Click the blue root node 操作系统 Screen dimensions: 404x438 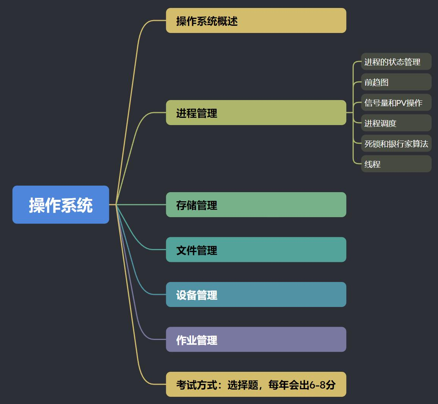[x=61, y=205]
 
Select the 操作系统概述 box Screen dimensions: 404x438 [x=256, y=20]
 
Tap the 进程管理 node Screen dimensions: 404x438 [x=256, y=113]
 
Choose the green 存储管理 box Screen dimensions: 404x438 [x=256, y=205]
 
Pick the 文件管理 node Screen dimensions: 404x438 [x=256, y=250]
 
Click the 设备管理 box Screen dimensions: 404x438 [x=256, y=294]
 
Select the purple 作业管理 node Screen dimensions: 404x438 [x=256, y=340]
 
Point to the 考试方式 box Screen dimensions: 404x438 [x=256, y=384]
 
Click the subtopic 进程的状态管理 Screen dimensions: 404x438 [x=396, y=62]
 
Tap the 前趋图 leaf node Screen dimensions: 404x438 [x=396, y=82]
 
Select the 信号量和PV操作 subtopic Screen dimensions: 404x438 [x=396, y=103]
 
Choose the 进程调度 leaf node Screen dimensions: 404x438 [x=396, y=123]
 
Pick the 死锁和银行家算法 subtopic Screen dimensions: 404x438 [x=396, y=144]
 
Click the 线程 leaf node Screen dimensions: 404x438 [x=396, y=164]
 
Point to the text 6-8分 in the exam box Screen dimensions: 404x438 [x=322, y=385]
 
